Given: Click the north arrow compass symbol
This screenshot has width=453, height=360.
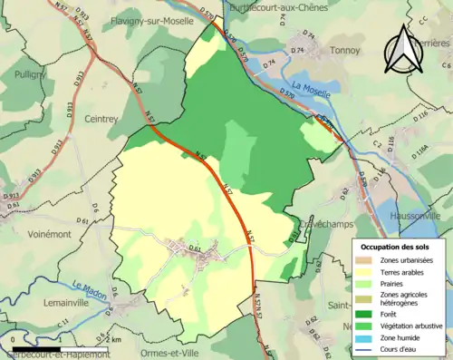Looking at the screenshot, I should click(401, 49).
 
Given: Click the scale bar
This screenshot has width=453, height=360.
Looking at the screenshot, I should click(35, 347).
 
